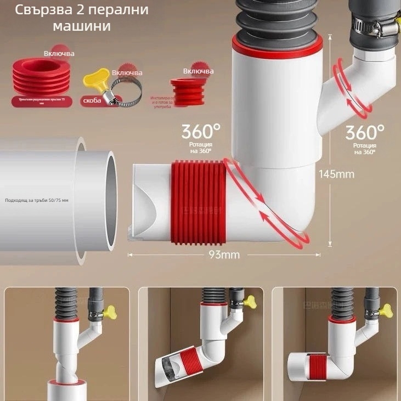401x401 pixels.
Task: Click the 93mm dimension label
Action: click(224, 255)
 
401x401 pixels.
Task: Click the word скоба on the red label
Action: click(91, 101)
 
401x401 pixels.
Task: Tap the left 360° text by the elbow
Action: click(201, 132)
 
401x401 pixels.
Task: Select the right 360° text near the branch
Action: click(365, 132)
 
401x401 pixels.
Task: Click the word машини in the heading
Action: click(82, 26)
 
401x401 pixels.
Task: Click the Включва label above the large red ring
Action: click(59, 54)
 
